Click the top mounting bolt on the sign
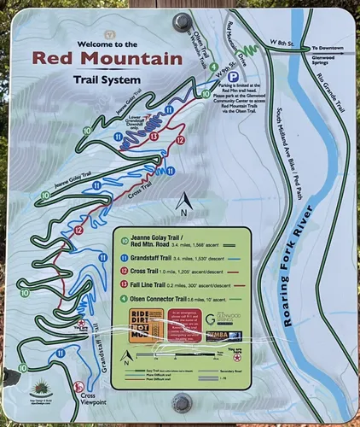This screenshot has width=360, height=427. pos(182,21)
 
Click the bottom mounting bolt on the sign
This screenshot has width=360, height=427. pos(181,402)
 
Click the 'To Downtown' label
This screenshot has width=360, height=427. pos(329,48)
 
